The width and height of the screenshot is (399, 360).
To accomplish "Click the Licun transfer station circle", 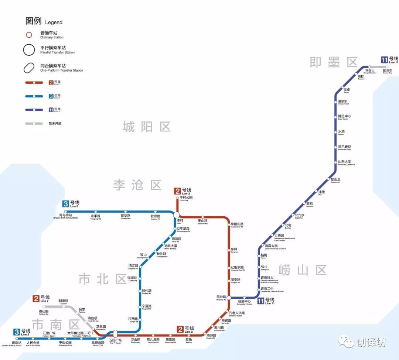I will [176, 215].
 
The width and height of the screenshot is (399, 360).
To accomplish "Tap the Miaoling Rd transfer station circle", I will [229, 298].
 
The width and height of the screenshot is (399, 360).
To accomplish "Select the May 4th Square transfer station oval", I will [115, 334].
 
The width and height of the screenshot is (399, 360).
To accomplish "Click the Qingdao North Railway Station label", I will [66, 216].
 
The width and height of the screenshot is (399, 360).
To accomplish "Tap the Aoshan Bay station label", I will [387, 72].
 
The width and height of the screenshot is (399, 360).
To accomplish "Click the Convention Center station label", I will [244, 302].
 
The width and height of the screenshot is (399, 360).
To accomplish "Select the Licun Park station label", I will [186, 199].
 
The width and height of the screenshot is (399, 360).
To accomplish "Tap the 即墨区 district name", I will [334, 62].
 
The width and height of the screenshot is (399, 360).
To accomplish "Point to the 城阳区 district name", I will [147, 127].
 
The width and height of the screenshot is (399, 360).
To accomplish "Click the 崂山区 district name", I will [303, 270].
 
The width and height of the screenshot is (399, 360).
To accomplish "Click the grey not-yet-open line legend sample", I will [34, 123].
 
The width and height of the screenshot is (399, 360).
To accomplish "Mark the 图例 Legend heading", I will [44, 21].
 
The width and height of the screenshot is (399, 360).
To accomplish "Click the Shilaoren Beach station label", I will [237, 314].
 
